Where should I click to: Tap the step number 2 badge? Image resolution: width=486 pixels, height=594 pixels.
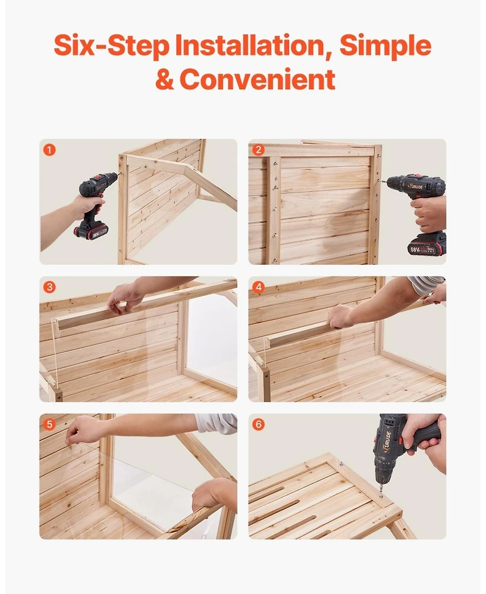point(259,149)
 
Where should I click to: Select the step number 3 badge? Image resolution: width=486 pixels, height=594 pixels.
point(50,287)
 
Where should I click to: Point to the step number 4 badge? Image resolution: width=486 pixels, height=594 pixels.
point(259,287)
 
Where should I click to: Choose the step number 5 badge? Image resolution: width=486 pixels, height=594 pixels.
point(50,424)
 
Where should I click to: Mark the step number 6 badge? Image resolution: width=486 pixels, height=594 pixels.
point(259,424)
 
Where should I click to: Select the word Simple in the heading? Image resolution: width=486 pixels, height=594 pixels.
point(385,46)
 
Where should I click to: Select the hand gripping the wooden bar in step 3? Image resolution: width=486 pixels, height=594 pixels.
point(124,298)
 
